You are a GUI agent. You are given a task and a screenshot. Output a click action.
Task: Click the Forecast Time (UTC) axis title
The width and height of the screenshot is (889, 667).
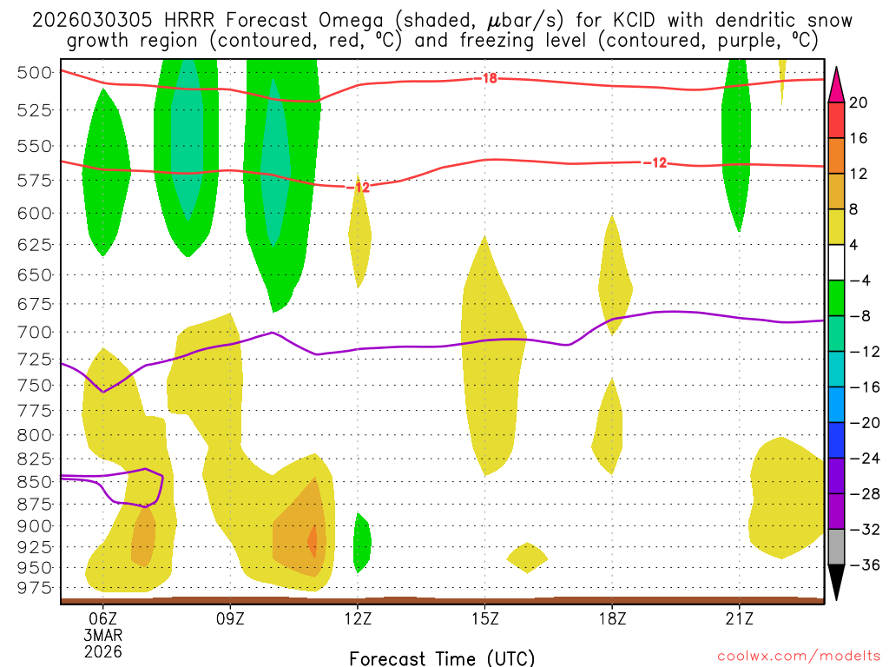coord(442,657)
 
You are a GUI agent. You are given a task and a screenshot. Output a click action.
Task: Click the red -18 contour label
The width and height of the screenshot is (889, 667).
coord(488,78)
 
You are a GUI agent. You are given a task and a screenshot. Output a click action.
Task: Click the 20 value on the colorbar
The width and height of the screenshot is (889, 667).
coord(859,102)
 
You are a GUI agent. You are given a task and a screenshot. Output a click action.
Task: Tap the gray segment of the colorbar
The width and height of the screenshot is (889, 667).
coord(838,546)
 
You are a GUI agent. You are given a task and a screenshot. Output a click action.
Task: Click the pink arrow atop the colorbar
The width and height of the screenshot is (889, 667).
coord(838,84)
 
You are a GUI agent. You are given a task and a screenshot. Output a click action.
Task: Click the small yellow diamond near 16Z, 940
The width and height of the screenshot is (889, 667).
coord(527,557)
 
